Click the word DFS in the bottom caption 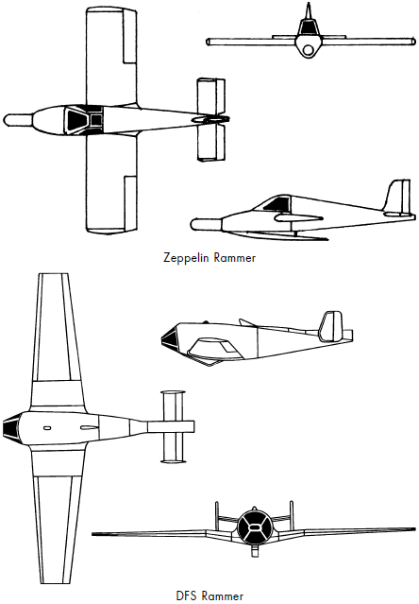pos(186,595)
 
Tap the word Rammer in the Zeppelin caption pos(234,258)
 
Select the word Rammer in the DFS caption pos(222,595)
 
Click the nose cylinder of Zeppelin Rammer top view pos(18,120)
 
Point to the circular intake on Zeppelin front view pos(308,50)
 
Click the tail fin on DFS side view pos(331,326)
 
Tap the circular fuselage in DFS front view pos(254,527)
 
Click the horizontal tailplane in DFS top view pos(173,426)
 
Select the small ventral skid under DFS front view pos(254,551)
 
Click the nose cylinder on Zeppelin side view pos(206,225)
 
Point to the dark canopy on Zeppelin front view pos(308,27)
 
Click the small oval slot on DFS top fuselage pos(47,428)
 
